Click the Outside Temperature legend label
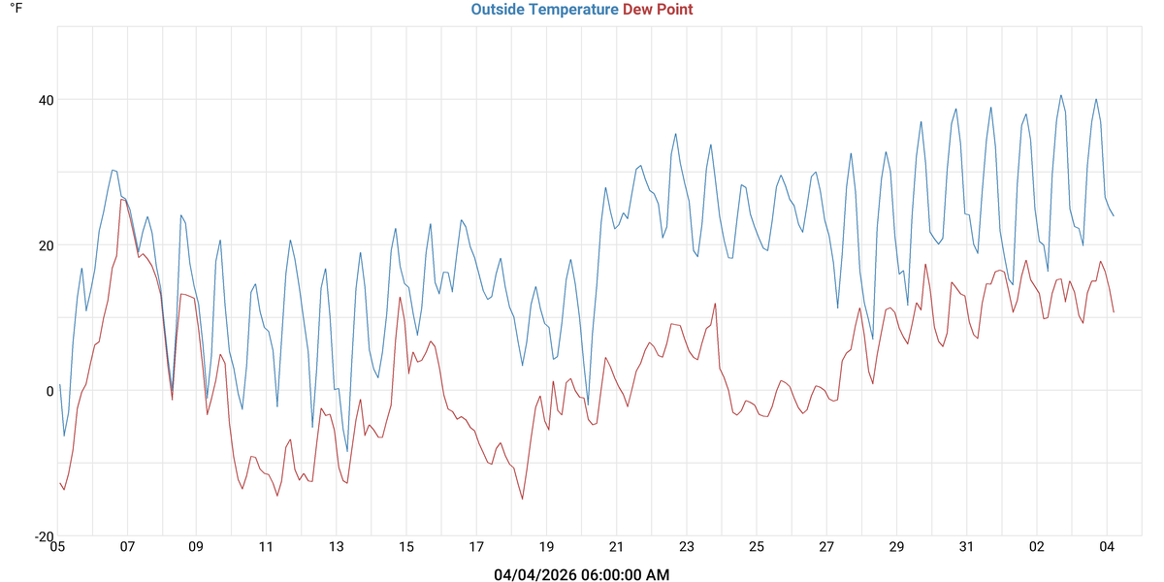544,10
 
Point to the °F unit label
16,9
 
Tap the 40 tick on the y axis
46,100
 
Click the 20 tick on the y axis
46,245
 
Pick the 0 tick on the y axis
49,391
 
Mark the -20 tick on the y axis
44,536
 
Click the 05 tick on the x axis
57,547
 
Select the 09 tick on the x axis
197,547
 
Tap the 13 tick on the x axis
337,547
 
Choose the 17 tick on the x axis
476,547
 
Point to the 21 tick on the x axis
616,547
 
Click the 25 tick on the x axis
757,547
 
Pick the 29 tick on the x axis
896,547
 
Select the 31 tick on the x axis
966,547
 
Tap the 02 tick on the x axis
1036,547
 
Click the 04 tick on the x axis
1106,547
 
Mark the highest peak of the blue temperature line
1061,95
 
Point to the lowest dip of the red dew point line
523,500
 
